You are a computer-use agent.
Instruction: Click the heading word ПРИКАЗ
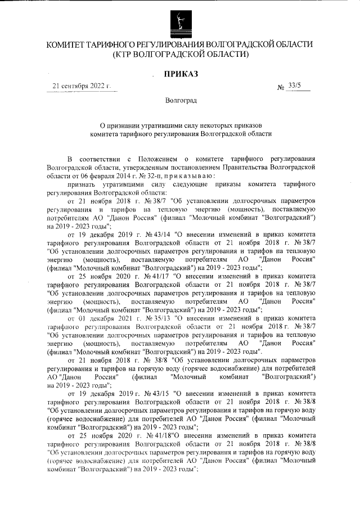(180, 74)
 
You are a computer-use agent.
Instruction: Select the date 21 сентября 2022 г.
(81, 86)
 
